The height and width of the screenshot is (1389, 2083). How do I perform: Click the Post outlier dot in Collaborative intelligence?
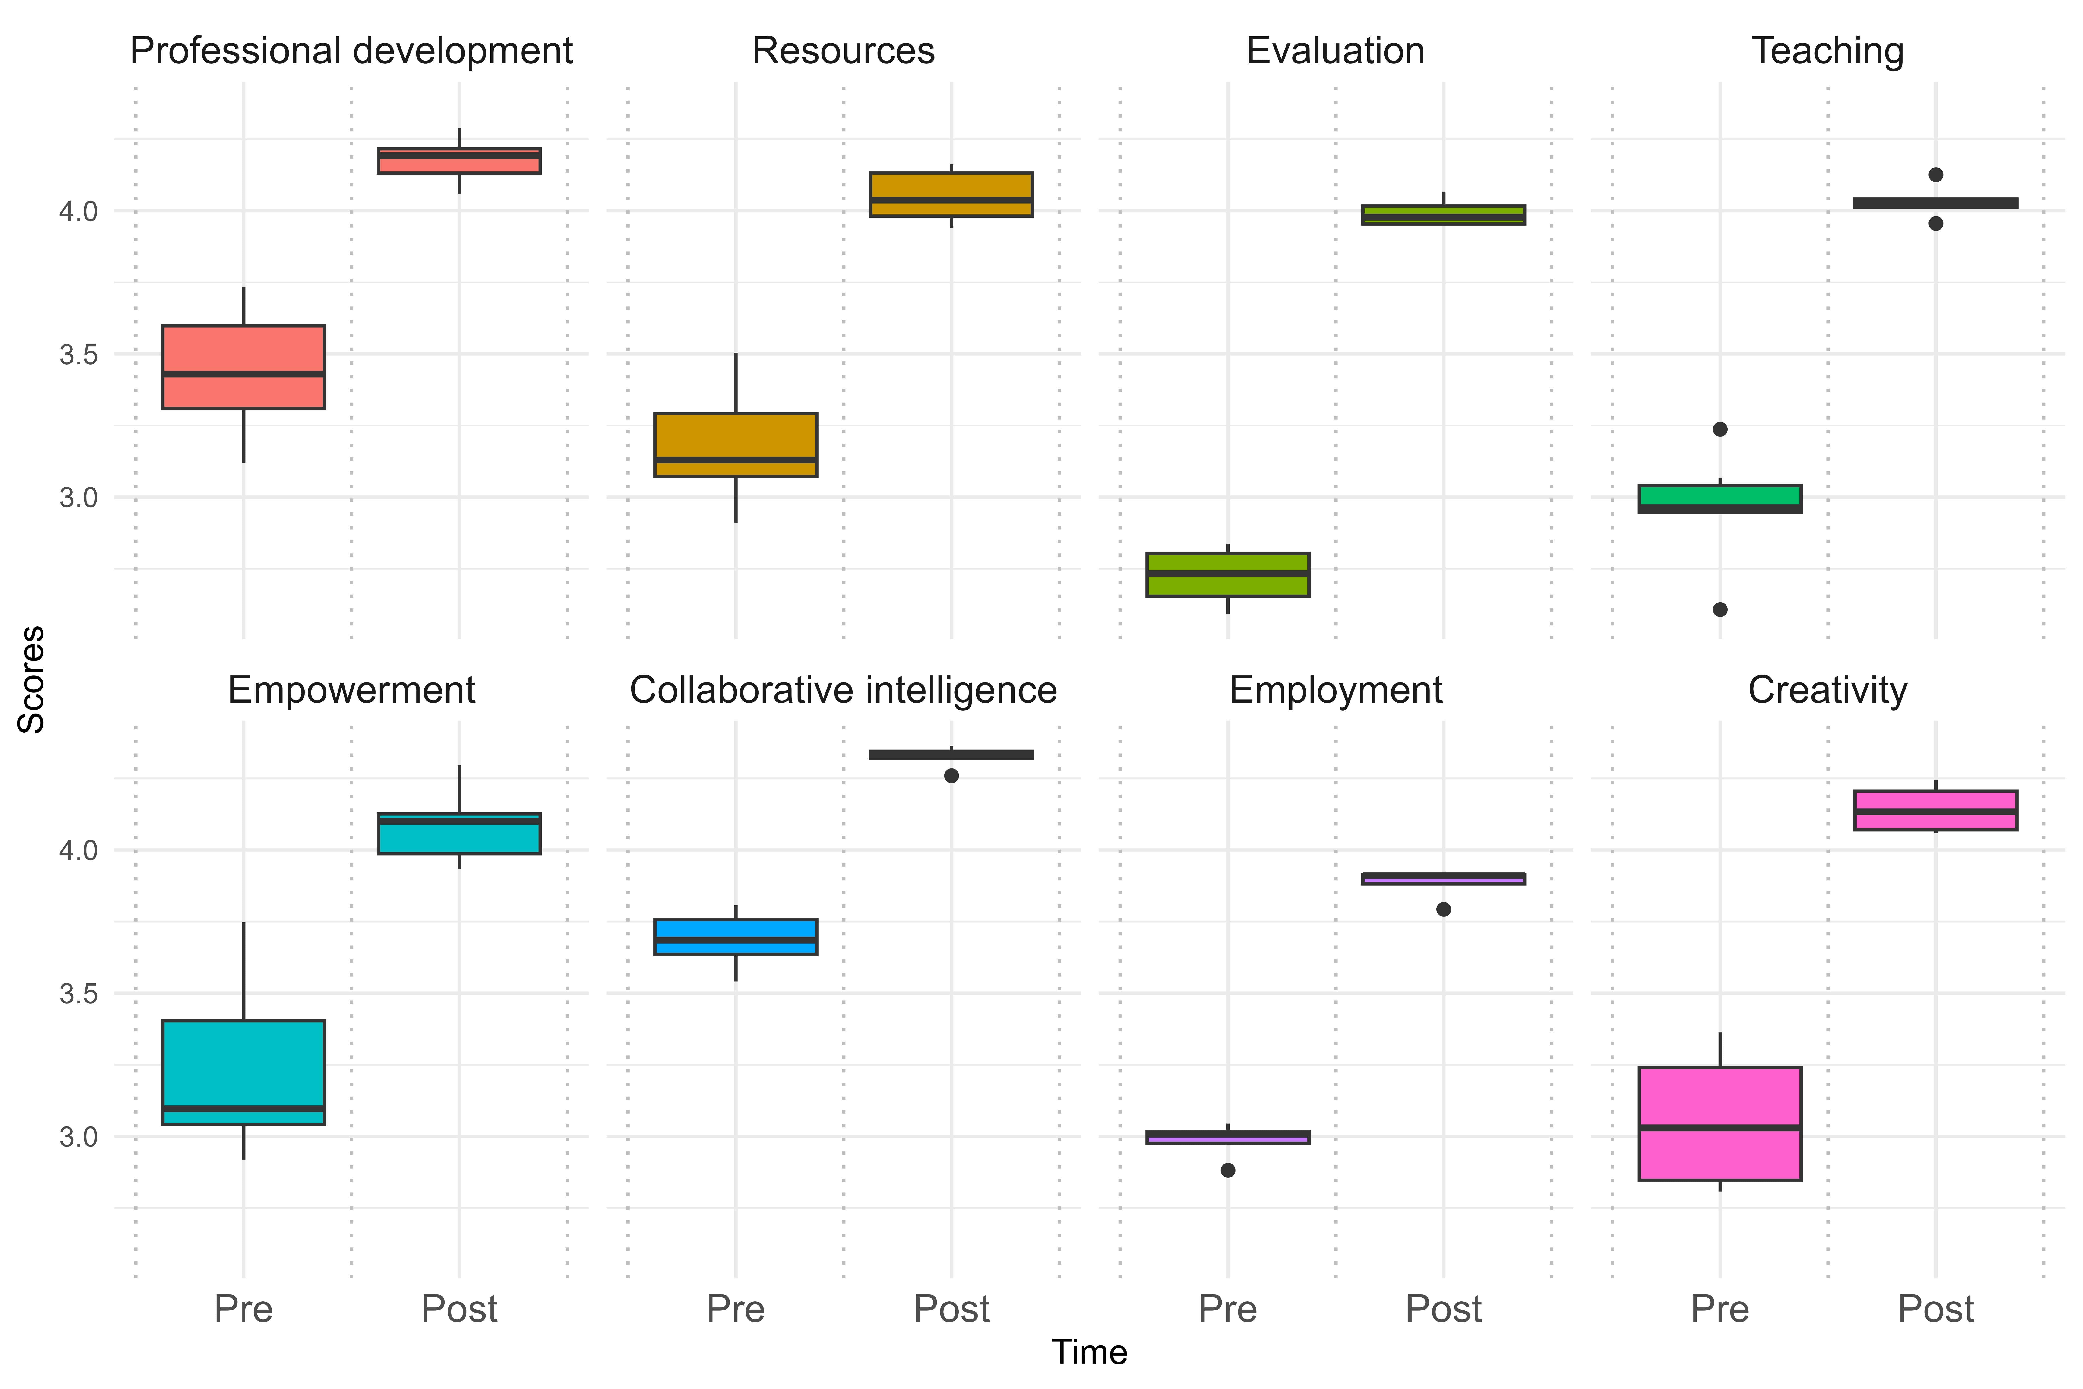(951, 776)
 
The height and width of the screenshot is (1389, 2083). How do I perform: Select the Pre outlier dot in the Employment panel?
(1227, 1170)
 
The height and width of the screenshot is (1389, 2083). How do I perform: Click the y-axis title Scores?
(32, 679)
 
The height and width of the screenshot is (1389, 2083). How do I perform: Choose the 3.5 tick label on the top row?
(78, 354)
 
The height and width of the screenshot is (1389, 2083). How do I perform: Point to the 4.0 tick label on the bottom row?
(78, 850)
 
